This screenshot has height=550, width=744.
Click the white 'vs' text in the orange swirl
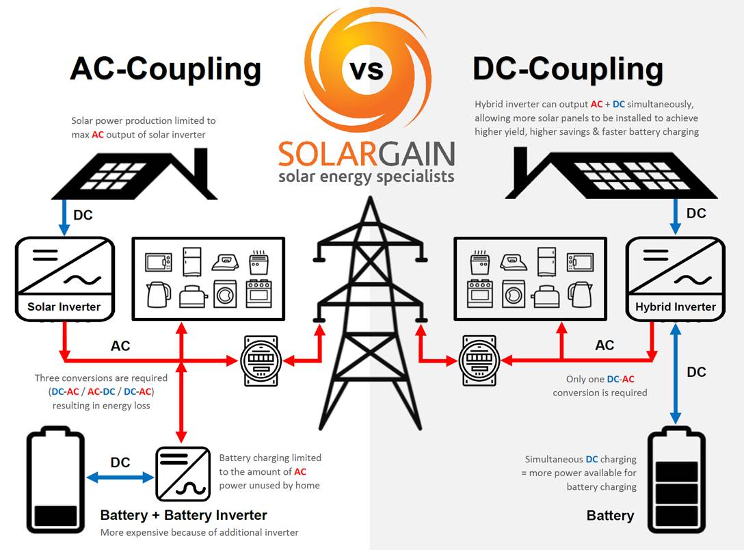[367, 70]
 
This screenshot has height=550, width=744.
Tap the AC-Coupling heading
[165, 69]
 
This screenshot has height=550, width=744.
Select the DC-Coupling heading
[568, 69]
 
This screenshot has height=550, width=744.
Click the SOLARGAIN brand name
[367, 153]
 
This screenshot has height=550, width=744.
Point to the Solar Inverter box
[65, 279]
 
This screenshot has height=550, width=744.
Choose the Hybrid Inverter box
[675, 279]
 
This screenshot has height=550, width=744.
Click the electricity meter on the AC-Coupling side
[261, 361]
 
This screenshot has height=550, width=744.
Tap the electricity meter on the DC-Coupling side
[479, 361]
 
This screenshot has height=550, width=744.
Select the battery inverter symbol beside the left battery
[183, 473]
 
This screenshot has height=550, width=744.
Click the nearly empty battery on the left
[55, 480]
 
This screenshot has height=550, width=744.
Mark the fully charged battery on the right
[676, 480]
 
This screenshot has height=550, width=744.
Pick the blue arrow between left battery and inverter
[120, 477]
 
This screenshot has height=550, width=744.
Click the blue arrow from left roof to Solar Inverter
[64, 218]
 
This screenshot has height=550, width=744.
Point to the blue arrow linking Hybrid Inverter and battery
[676, 374]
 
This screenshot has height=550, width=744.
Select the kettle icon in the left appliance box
[159, 295]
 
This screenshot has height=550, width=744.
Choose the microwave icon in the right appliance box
[581, 262]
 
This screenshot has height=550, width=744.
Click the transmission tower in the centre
[370, 313]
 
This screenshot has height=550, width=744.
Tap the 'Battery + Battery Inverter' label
[184, 515]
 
